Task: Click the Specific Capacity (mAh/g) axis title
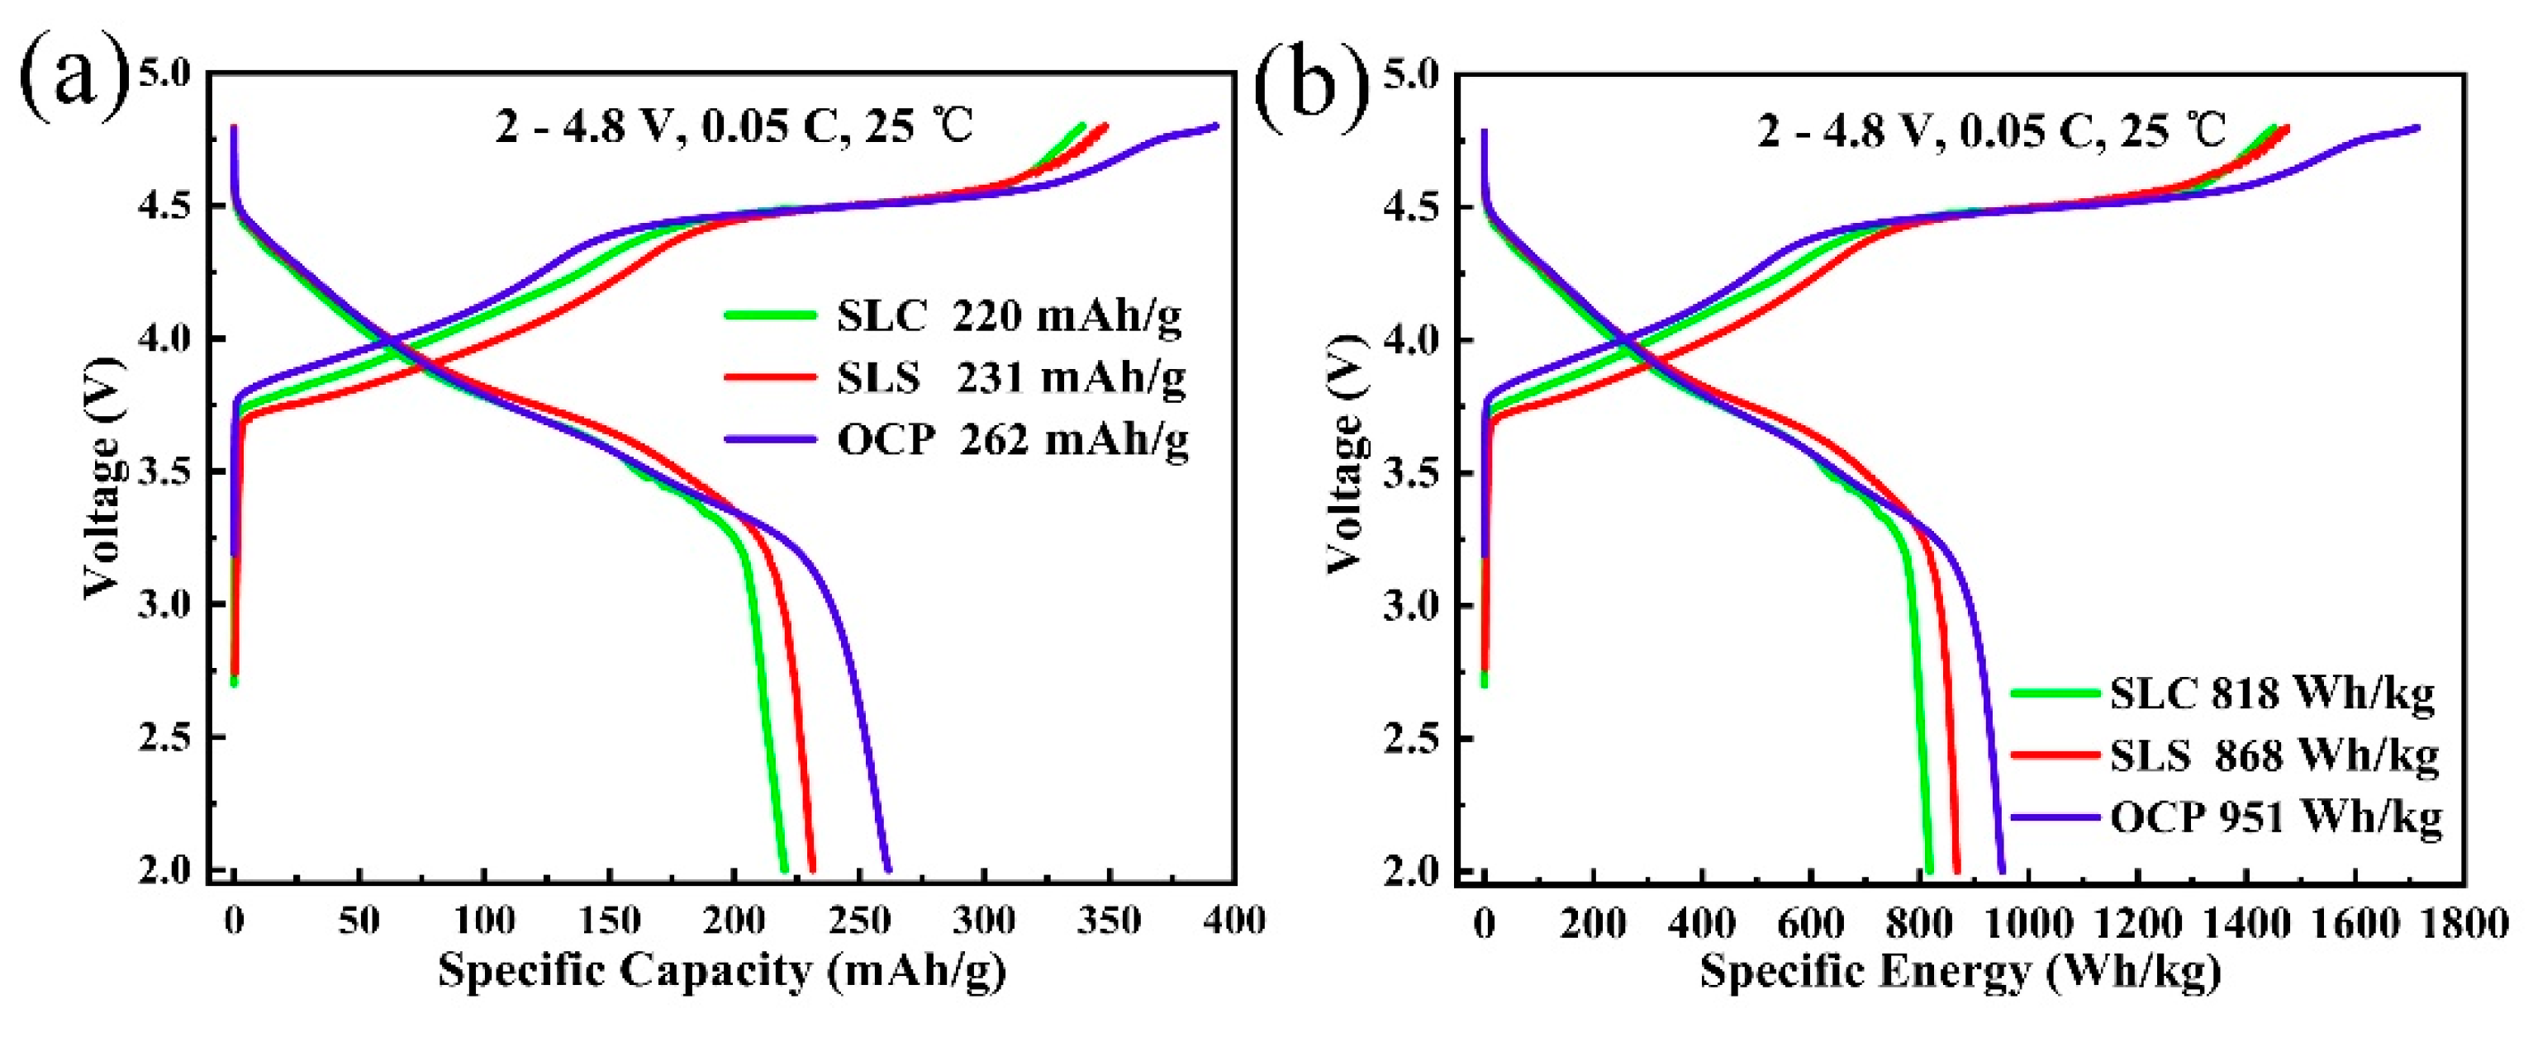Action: [723, 971]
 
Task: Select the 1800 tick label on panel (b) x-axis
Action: [2463, 923]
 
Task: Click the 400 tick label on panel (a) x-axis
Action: [1235, 921]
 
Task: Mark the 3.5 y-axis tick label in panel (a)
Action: [165, 471]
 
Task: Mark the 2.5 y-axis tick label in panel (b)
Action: [1411, 738]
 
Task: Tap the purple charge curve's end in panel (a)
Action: [1216, 125]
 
